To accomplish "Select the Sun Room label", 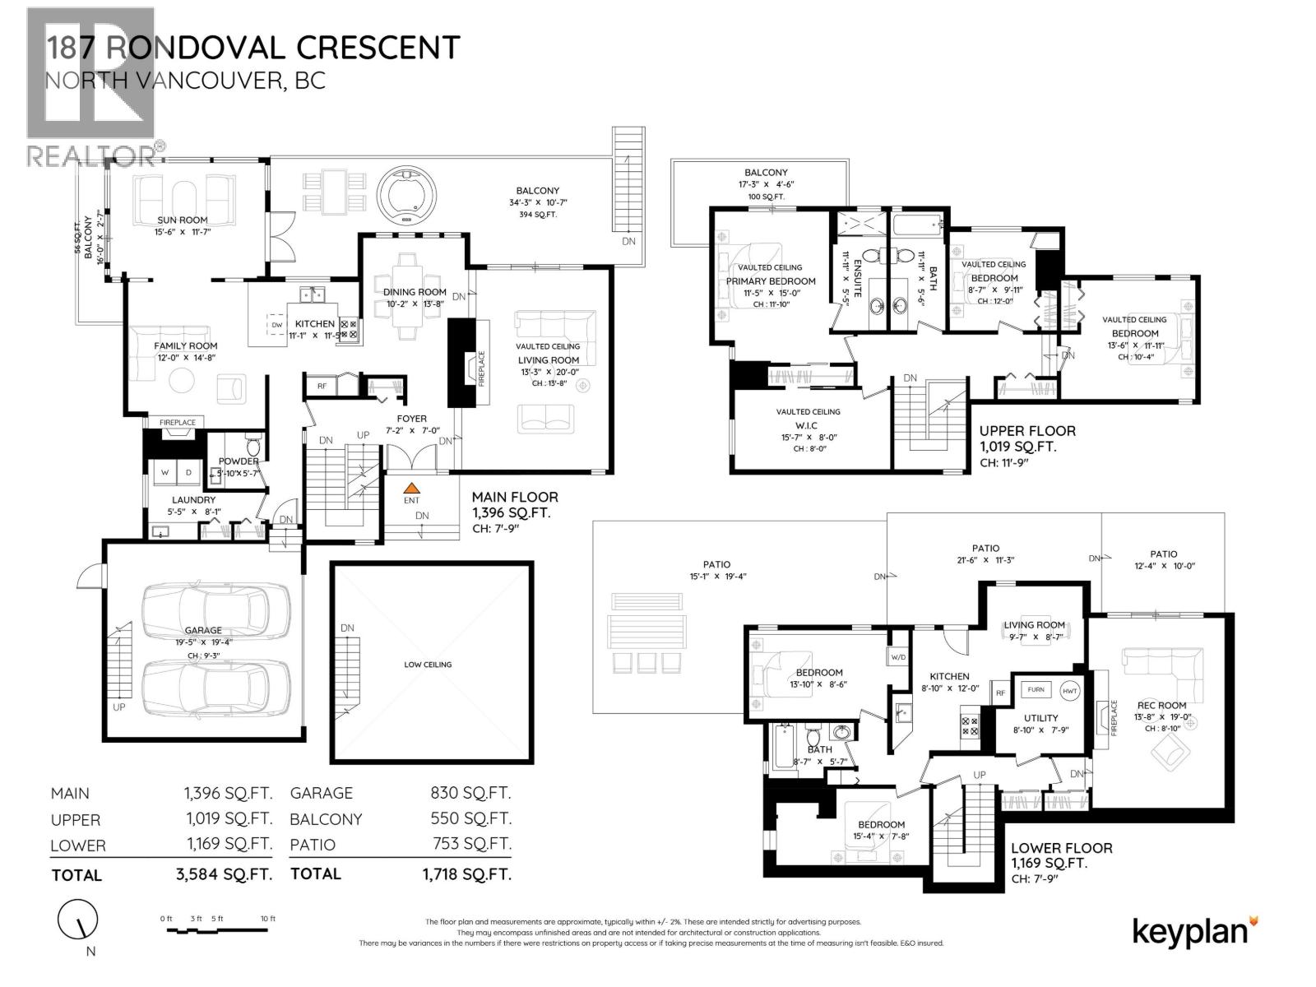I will pos(183,220).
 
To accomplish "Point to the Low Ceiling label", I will pos(428,665).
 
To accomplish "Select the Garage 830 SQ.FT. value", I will pos(470,793).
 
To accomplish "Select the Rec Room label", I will pos(1161,705).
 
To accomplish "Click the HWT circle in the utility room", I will pos(1069,690).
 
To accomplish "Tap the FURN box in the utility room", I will pos(1036,689).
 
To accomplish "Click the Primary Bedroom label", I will pos(771,281).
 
